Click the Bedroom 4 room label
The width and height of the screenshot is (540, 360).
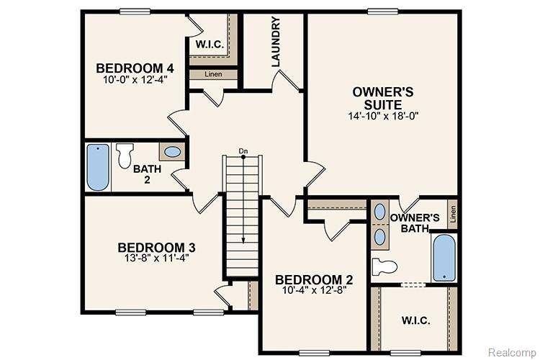(135, 68)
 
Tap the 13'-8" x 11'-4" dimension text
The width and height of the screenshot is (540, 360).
(156, 258)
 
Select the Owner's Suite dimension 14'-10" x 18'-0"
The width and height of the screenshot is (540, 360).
(383, 116)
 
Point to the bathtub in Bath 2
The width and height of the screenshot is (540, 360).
(98, 167)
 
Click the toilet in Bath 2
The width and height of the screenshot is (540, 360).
(125, 156)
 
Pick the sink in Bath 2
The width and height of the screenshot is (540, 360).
(172, 152)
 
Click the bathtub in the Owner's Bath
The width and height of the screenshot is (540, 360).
(444, 258)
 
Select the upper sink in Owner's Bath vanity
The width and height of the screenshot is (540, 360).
(379, 212)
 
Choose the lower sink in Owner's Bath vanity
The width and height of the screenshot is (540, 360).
(379, 237)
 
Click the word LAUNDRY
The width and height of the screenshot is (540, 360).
(276, 42)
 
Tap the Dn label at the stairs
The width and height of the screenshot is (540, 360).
(243, 151)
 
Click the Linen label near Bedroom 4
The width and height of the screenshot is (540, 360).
(213, 74)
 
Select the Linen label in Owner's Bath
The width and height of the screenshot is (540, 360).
(453, 214)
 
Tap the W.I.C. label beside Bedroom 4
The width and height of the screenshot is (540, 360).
(210, 45)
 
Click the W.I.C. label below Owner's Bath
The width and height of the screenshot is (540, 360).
(415, 320)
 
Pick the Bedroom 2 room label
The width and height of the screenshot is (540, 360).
(314, 280)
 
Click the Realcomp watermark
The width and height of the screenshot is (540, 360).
(512, 352)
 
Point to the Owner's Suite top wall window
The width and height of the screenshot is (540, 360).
(383, 12)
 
